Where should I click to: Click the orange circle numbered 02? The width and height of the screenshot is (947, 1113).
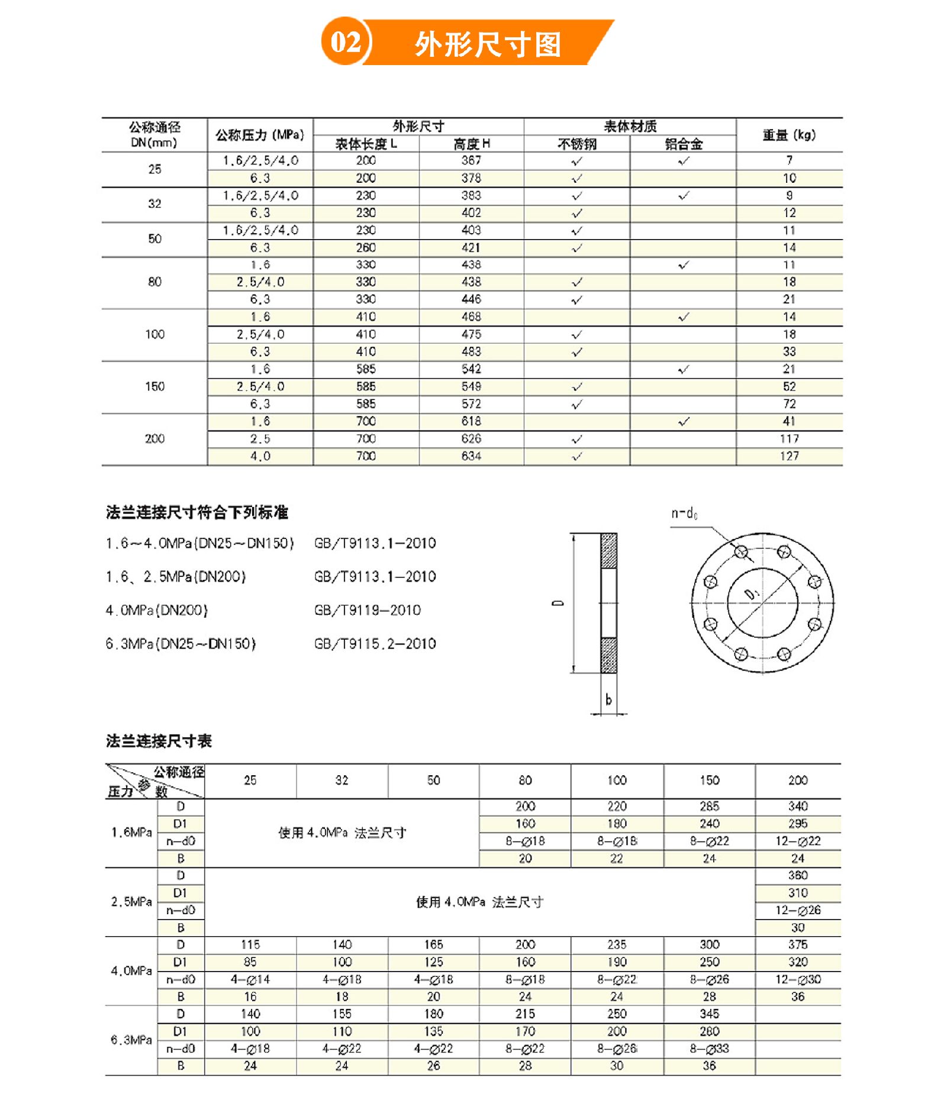tap(345, 42)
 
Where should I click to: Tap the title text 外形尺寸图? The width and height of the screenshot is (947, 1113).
tap(488, 44)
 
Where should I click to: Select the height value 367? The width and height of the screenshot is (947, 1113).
tap(471, 160)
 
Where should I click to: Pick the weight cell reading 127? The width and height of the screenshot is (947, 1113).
tap(789, 456)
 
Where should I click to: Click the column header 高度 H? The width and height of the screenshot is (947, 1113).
tap(471, 144)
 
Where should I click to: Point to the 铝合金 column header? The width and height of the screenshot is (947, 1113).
tap(683, 144)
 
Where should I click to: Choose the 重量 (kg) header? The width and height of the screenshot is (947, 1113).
tap(789, 135)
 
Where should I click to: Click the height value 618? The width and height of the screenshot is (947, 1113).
tap(471, 421)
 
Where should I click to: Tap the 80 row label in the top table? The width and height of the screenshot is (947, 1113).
tap(154, 282)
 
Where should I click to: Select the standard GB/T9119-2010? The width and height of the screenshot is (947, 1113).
tap(368, 610)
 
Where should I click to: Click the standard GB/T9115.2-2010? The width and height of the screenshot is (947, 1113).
tap(375, 644)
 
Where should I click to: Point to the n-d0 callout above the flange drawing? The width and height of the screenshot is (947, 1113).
tap(684, 513)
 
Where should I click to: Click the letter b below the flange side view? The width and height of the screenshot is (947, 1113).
tap(608, 700)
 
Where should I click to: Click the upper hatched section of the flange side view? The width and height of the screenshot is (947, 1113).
tap(608, 551)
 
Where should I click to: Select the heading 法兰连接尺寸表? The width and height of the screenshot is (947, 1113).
tap(159, 741)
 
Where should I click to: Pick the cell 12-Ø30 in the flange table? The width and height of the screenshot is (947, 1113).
tap(798, 980)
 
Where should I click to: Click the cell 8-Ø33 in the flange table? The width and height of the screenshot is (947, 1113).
tap(709, 1049)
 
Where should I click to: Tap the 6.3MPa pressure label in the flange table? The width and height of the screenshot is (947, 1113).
tap(131, 1040)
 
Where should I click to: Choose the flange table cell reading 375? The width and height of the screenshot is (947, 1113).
tap(798, 945)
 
